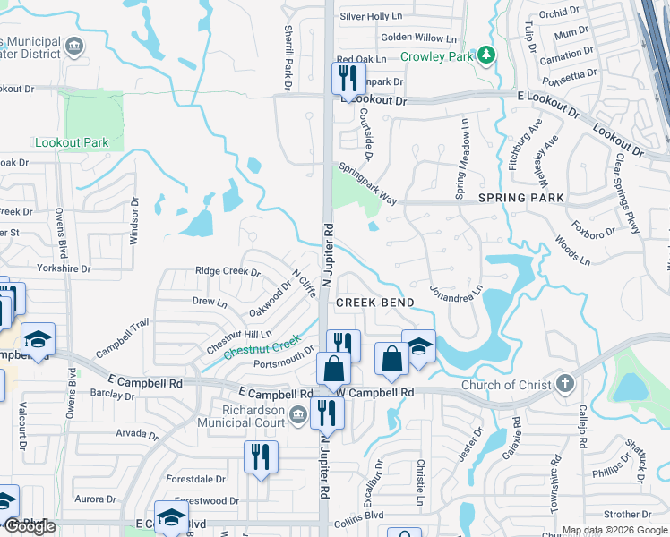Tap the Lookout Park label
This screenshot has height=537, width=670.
[x=71, y=142]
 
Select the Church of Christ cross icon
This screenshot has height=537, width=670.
[x=564, y=385]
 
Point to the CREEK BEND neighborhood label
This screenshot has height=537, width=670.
[x=374, y=303]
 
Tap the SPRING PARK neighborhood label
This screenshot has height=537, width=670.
[x=520, y=198]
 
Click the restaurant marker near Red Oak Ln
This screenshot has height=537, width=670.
[x=348, y=79]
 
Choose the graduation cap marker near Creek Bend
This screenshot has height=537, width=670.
[x=418, y=346]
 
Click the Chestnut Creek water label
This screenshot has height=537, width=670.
[x=261, y=347]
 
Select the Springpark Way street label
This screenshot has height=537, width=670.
[x=366, y=183]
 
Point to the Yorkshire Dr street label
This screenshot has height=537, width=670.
[x=64, y=268]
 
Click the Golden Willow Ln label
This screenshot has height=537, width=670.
[x=418, y=38]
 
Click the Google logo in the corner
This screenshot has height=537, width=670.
[x=30, y=526]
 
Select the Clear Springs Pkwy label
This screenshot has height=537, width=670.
[x=626, y=194]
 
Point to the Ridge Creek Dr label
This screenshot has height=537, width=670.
[x=228, y=271]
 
